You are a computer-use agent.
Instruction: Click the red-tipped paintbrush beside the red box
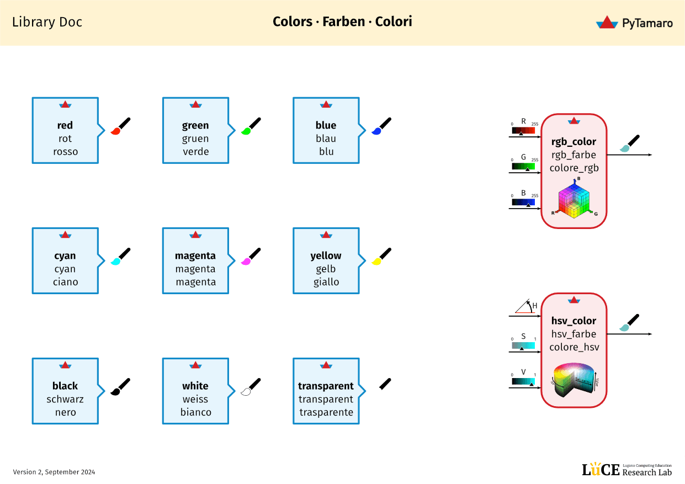[x=121, y=126]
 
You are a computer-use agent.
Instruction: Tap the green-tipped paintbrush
[x=251, y=126]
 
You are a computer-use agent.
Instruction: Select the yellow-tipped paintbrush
[x=381, y=257]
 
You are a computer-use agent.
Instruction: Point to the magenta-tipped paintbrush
[x=251, y=257]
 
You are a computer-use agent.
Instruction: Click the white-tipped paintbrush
[x=251, y=387]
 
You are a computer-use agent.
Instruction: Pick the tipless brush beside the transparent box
[x=385, y=384]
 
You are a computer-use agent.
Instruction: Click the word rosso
[x=65, y=152]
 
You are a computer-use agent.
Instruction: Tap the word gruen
[x=195, y=139]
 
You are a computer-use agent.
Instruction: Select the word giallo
[x=326, y=282]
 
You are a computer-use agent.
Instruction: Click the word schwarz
[x=65, y=400]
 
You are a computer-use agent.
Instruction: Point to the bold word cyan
[x=65, y=256]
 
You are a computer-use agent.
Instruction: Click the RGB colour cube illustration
[x=574, y=200]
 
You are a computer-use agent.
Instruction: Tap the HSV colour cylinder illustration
[x=574, y=379]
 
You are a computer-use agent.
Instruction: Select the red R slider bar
[x=523, y=131]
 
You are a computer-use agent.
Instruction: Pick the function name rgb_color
[x=574, y=142]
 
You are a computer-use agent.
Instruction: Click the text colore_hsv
[x=574, y=347]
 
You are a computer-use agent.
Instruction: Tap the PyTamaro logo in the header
[x=634, y=23]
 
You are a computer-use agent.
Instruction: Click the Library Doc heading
[x=47, y=22]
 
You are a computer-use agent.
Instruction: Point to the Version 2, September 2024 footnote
[x=54, y=472]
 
